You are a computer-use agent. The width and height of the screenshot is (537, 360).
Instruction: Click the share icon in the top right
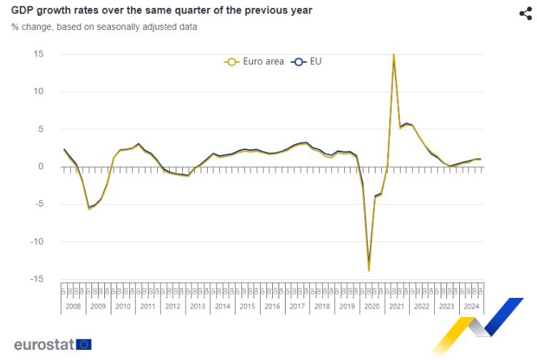pos(525,14)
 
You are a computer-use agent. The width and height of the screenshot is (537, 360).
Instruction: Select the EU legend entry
pos(308,61)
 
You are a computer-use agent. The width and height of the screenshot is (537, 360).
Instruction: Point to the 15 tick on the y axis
pos(39,54)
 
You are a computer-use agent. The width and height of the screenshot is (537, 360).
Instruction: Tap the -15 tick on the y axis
pos(37,279)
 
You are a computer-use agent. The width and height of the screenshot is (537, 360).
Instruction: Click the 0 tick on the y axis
pos(41,166)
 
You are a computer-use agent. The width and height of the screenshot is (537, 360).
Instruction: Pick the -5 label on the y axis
pos(39,204)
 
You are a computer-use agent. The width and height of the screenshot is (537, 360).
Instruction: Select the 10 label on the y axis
pos(39,91)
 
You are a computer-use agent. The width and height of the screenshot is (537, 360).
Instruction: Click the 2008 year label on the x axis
pos(74,306)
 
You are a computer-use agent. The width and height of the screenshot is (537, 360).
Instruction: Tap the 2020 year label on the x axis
pos(371,306)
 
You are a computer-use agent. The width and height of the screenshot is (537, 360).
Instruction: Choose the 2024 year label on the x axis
pos(471,306)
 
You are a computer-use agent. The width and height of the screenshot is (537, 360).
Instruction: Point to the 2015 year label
pos(247,306)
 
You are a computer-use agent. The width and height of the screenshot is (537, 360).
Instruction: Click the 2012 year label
pos(173,306)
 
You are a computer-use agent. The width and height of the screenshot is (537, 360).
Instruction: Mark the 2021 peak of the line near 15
pos(393,54)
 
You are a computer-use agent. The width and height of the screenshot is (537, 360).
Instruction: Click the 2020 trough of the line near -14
pos(368,270)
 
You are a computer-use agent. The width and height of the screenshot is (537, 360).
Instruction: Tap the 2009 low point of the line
pos(89,209)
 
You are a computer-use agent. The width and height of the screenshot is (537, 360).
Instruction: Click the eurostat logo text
pos(44,344)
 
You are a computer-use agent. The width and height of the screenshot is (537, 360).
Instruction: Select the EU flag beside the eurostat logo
pos(84,344)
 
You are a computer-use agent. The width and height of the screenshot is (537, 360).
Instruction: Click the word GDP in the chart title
pos(23,11)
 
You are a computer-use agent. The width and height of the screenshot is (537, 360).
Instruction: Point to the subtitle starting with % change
pos(104,26)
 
